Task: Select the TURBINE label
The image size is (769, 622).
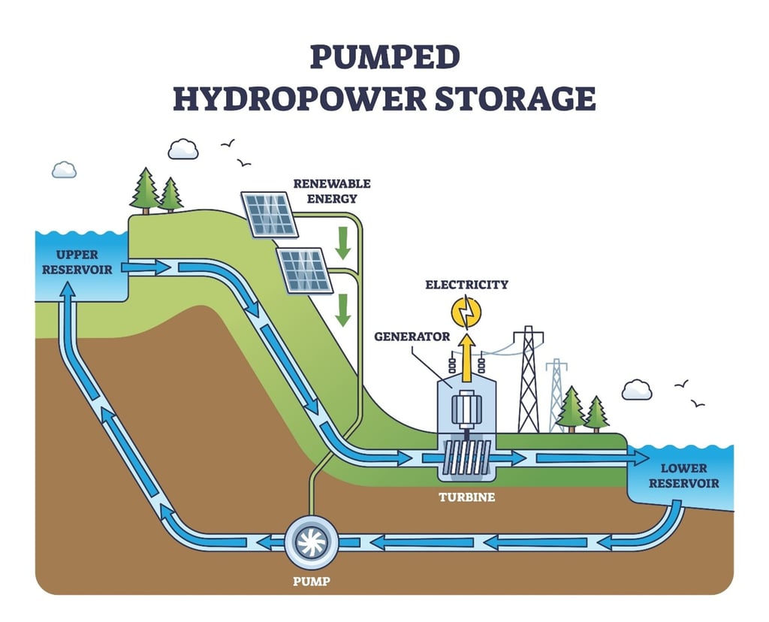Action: point(467,497)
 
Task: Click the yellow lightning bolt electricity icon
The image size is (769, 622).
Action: point(467,309)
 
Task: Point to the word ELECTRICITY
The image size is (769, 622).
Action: point(466,285)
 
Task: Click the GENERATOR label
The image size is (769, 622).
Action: point(412,337)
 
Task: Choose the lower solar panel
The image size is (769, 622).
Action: point(305,270)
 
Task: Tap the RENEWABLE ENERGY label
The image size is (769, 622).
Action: point(332,191)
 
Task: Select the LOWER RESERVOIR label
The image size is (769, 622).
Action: point(683,476)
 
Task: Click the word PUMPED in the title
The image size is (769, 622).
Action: point(385,58)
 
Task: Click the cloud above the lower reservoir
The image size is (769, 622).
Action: point(637,389)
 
